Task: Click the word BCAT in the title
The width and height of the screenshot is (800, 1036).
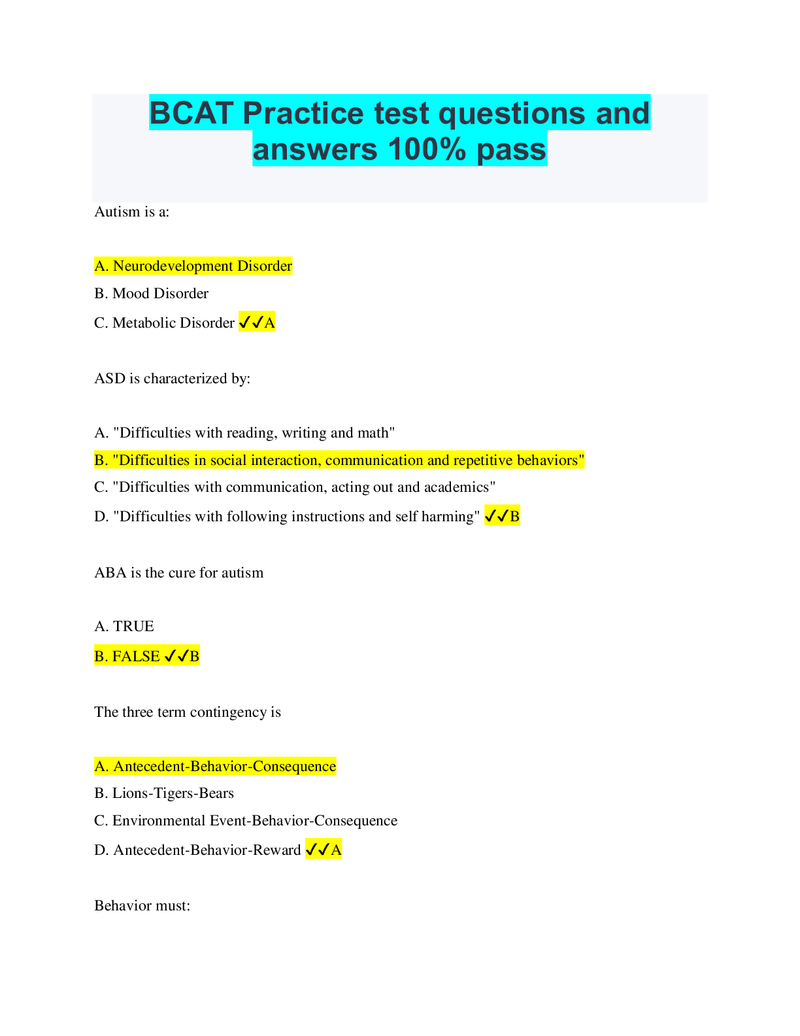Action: click(191, 113)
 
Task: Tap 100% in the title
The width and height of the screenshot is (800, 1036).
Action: click(428, 149)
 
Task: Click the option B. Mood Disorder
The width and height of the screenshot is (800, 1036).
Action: click(151, 294)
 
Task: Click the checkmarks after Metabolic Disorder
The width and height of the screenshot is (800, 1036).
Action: click(251, 322)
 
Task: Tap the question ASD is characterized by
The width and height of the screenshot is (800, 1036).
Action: click(172, 379)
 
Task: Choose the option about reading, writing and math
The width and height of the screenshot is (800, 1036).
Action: click(244, 433)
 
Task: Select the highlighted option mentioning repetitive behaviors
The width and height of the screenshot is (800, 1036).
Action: click(339, 460)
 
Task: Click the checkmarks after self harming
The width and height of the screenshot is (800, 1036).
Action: click(496, 517)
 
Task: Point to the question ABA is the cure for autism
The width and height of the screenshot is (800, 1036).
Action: click(178, 573)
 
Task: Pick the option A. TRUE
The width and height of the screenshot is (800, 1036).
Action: click(124, 627)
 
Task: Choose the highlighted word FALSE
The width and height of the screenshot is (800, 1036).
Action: click(136, 656)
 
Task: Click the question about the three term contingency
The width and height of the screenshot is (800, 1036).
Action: click(187, 712)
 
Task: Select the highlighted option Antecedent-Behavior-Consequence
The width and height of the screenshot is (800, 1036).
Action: click(215, 767)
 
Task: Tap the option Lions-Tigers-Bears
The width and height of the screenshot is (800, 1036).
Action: click(164, 793)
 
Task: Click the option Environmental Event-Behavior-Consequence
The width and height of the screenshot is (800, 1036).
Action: click(246, 821)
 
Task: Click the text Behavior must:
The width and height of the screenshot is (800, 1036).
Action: click(142, 906)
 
